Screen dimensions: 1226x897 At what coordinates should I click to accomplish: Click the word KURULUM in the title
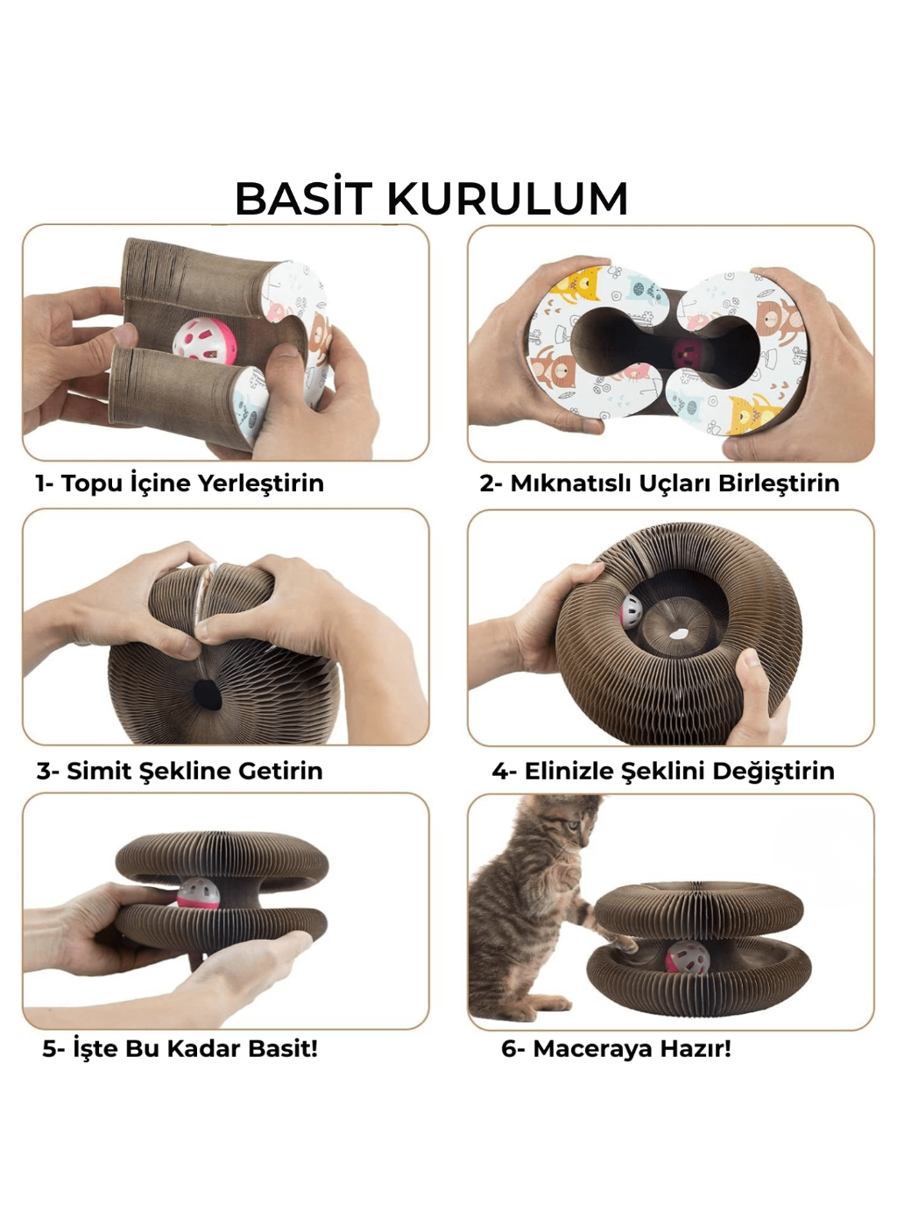pyautogui.click(x=507, y=199)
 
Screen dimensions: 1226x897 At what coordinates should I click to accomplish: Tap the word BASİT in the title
pyautogui.click(x=303, y=199)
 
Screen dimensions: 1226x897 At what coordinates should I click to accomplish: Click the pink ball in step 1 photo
pyautogui.click(x=204, y=340)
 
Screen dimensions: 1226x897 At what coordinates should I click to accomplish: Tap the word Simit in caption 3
pyautogui.click(x=99, y=771)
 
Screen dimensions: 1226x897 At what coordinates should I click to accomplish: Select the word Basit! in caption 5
pyautogui.click(x=282, y=1048)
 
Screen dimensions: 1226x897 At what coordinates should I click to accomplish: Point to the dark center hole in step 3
pyautogui.click(x=209, y=696)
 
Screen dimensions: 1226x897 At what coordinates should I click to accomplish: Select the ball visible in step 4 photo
pyautogui.click(x=632, y=611)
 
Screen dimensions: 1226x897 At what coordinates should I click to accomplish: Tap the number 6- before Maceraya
pyautogui.click(x=512, y=1048)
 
